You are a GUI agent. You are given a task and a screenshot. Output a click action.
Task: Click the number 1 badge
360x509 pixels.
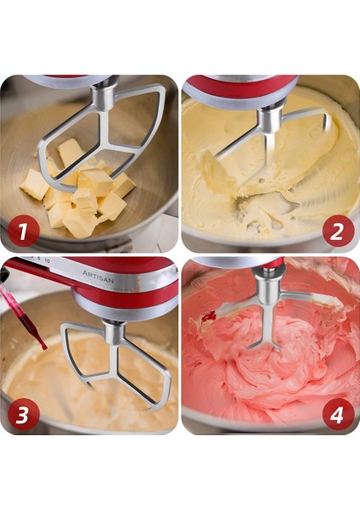click(x=24, y=231)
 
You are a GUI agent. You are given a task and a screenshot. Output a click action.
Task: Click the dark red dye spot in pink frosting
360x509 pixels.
click(x=209, y=317)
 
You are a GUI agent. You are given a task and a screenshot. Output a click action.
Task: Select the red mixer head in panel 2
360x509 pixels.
click(x=242, y=87)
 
